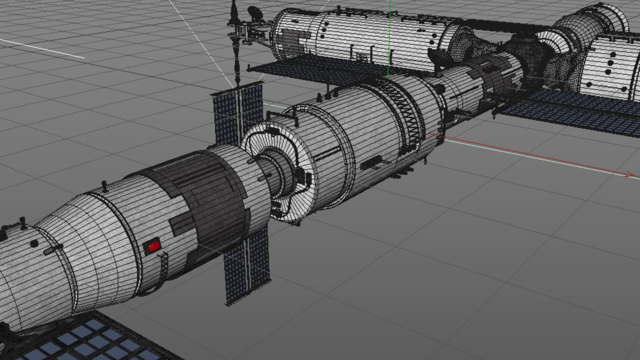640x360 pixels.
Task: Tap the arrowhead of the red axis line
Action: [630, 175]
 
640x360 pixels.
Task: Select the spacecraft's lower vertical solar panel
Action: [247, 267]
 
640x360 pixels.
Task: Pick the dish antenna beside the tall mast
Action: [255, 13]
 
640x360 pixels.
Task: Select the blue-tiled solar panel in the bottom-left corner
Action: [90, 340]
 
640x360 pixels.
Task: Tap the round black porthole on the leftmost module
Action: [34, 244]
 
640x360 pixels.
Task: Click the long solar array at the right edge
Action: [573, 110]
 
